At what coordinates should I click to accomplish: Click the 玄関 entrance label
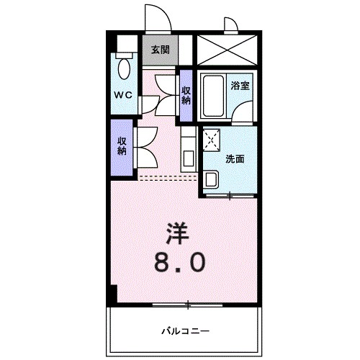(x=160, y=50)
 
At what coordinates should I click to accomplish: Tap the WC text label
(x=122, y=95)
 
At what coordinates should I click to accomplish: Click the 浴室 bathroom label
(x=240, y=85)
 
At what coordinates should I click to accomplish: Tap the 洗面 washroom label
(x=235, y=159)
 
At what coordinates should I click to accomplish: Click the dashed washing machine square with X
(x=212, y=140)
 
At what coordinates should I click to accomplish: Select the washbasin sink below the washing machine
(x=211, y=179)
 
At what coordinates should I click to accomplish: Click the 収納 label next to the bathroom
(x=186, y=95)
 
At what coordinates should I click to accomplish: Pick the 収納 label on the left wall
(x=122, y=145)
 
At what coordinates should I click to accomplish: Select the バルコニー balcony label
(x=185, y=330)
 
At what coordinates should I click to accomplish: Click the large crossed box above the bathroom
(x=225, y=49)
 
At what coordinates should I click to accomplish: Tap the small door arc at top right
(x=230, y=26)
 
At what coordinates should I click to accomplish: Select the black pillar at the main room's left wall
(x=112, y=294)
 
